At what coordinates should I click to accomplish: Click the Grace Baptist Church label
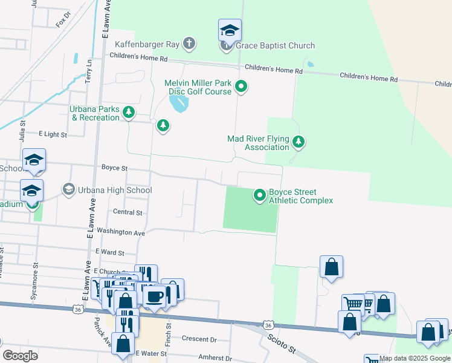point(275,45)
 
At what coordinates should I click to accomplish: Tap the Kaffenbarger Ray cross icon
point(189,43)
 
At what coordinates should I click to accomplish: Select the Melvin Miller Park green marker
point(241,87)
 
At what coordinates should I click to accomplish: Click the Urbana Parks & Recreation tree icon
point(128,112)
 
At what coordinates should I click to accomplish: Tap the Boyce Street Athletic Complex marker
point(260,195)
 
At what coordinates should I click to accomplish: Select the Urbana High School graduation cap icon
point(68,190)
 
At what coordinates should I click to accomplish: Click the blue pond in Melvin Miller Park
point(179,105)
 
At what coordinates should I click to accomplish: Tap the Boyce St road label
point(114,168)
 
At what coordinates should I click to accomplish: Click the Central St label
point(128,212)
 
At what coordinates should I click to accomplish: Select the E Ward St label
point(109,252)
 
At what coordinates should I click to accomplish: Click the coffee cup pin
point(155,296)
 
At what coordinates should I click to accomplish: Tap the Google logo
point(20,356)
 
